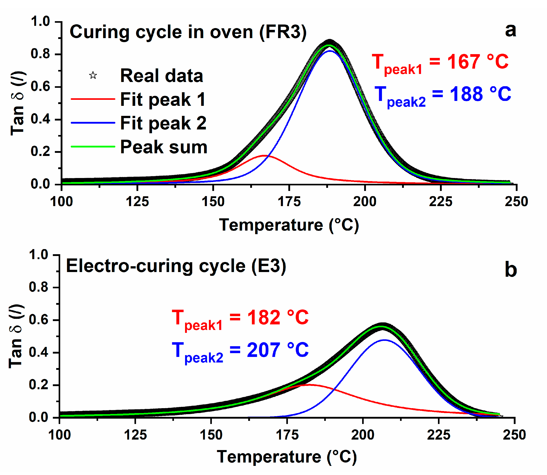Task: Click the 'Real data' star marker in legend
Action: [93, 76]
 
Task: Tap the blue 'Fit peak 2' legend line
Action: [93, 123]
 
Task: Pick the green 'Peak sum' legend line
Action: [93, 147]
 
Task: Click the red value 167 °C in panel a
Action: [477, 62]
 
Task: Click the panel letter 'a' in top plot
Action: [510, 31]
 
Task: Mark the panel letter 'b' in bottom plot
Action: [510, 270]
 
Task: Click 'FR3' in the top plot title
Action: [283, 32]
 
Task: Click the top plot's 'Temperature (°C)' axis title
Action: [289, 225]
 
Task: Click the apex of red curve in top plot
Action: [264, 156]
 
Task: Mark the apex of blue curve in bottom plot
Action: [384, 340]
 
